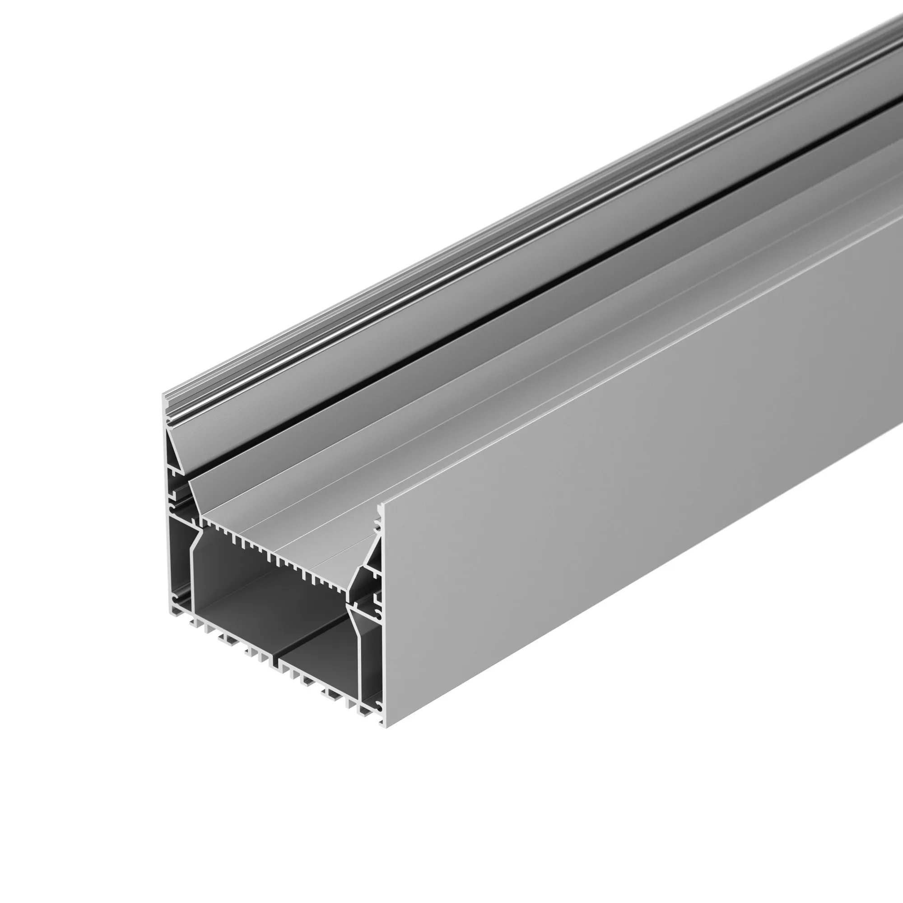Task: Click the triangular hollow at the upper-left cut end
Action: coord(173,449)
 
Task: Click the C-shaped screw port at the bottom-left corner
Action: coord(175,599)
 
